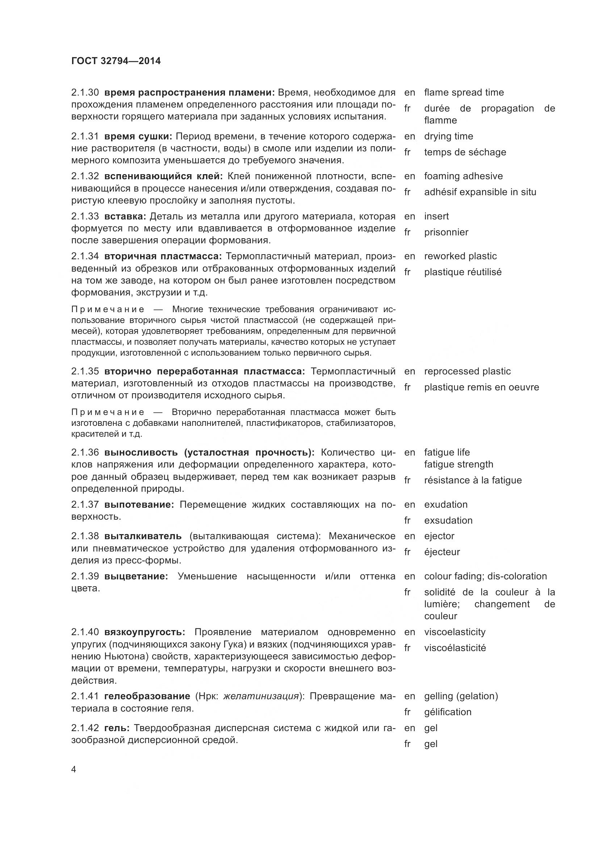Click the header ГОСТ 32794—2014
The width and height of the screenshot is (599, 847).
116,61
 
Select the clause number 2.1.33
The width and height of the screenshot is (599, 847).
85,216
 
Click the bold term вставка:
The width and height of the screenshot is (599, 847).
125,216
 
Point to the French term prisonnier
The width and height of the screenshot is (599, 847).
446,232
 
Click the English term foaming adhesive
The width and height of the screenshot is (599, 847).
463,176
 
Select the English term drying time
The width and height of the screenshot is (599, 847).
448,136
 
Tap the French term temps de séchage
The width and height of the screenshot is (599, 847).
465,152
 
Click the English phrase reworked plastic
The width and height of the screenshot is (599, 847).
460,256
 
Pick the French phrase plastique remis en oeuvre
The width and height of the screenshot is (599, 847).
481,387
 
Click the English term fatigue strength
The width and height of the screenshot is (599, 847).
458,464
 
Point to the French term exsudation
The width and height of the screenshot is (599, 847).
448,520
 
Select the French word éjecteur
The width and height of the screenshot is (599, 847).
442,552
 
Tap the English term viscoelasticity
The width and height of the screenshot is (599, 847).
455,632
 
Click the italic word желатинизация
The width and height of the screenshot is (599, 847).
261,696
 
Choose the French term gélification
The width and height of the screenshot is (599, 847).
447,712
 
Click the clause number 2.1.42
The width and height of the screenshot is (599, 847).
85,728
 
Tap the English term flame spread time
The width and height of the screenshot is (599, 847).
464,92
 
